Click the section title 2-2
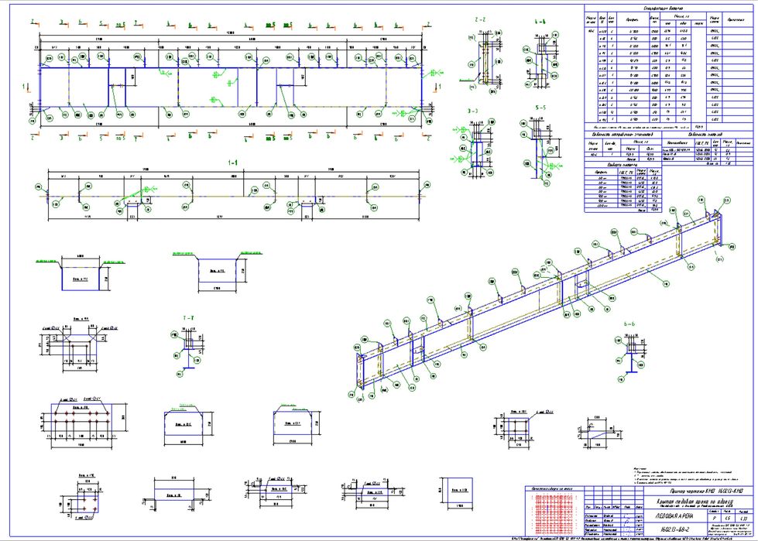coord(480,19)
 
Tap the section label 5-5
coord(540,107)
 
